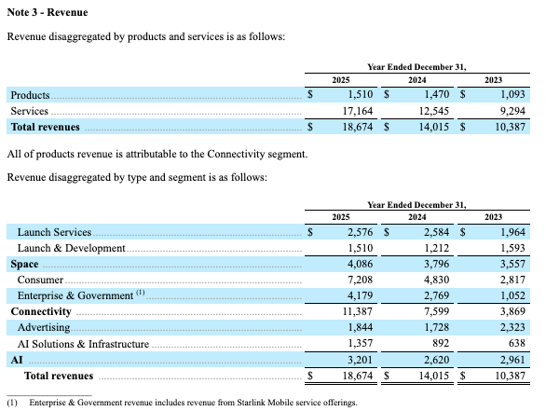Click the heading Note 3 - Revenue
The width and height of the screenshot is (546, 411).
tap(48, 12)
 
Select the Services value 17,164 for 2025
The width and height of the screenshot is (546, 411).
tap(357, 111)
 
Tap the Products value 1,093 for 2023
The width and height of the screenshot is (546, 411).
tap(512, 94)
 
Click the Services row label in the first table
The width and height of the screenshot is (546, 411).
tap(29, 111)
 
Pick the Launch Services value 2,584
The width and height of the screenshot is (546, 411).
tap(436, 232)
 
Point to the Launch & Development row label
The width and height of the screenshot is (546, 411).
tap(72, 248)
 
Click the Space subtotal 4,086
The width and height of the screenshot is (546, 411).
tap(360, 264)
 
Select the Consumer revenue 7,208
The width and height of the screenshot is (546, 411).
tap(360, 280)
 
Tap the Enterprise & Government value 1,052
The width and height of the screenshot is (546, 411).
tap(512, 295)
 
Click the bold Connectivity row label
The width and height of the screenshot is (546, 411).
tap(41, 311)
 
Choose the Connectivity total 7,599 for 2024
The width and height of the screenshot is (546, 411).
tap(436, 311)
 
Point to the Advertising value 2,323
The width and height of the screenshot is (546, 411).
tap(512, 327)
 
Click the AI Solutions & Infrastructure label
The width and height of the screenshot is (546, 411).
tap(83, 344)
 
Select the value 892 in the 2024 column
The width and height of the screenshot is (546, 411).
tap(441, 343)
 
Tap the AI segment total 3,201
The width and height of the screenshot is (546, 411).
tap(360, 360)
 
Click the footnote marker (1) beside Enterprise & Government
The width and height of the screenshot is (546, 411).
tap(141, 293)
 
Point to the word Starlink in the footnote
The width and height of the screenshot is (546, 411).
tap(251, 403)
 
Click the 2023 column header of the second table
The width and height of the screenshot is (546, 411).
tap(493, 217)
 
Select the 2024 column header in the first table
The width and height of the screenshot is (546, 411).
tap(416, 80)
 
